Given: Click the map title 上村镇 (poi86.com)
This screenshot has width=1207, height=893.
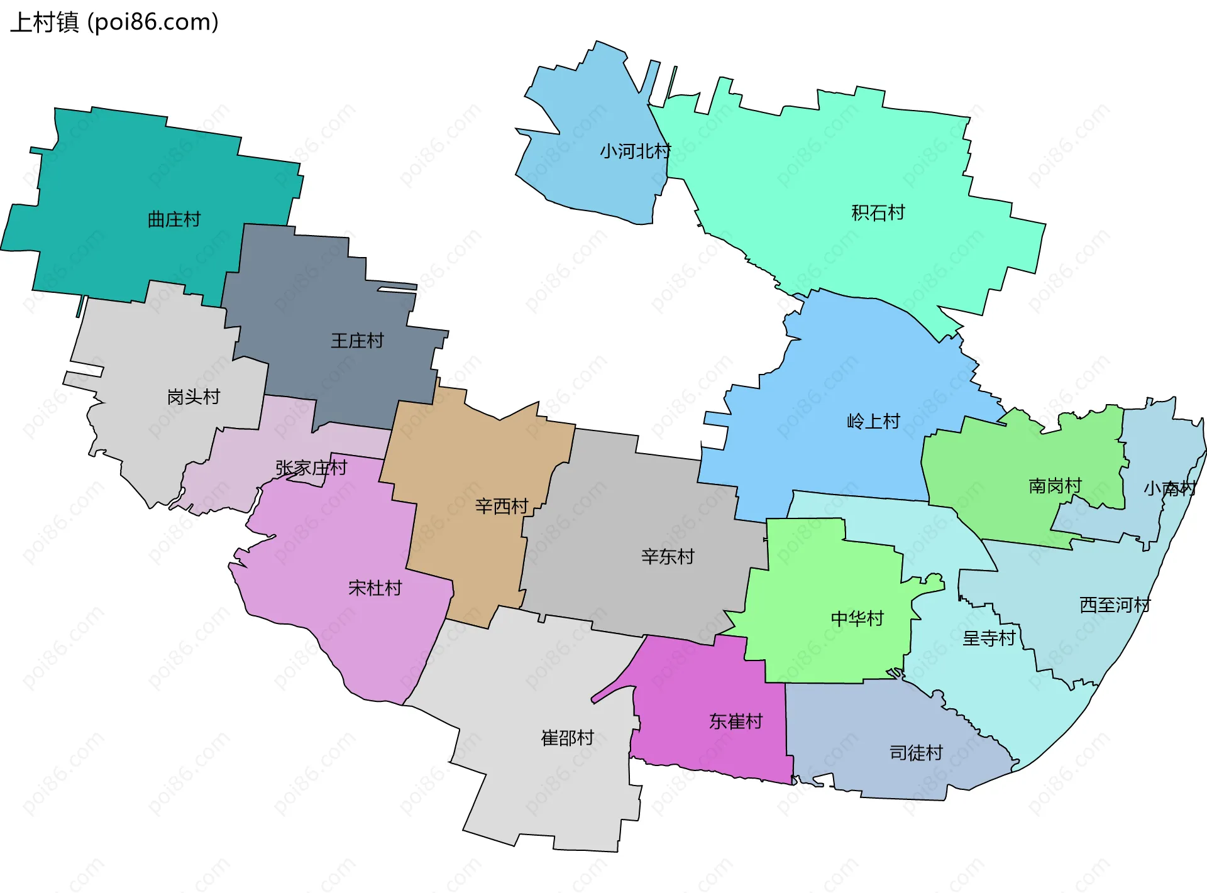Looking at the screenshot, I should pos(114,22).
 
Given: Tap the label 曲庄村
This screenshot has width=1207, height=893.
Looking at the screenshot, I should pos(174,219).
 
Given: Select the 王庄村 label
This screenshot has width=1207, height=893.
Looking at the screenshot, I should pos(357,341).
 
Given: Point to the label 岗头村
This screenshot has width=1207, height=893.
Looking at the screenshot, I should pos(194,397).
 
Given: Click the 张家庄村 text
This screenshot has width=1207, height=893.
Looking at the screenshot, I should pos(311,468).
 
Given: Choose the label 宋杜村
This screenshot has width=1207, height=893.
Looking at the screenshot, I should pos(375,588).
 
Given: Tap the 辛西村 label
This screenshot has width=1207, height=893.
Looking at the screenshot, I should pos(502,506).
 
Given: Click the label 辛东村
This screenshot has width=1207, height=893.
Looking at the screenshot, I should pos(668,556).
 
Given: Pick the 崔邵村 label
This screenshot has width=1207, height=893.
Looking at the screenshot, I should pos(568,738).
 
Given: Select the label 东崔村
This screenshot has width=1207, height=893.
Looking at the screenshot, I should pos(736,721).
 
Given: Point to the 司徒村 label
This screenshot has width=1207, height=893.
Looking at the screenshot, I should pos(916,752).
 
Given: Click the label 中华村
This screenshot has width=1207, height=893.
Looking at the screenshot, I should pos(857,618).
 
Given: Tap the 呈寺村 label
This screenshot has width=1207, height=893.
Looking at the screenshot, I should pos(989,638).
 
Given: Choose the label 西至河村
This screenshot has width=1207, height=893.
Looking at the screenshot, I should pos(1115,605).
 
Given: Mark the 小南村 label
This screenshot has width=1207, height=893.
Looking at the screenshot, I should pos(1169,488).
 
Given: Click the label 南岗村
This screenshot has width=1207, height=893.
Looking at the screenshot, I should pos(1055,486).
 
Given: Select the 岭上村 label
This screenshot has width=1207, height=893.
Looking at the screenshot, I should pos(873,421).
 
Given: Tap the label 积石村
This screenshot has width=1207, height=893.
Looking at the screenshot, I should pos(878,213).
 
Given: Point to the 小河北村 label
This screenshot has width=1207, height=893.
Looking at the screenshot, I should pos(635,151).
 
